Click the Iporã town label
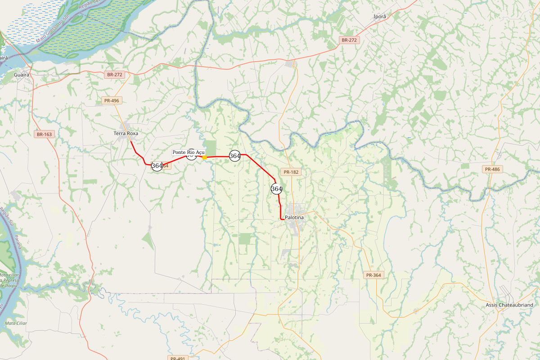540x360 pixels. point(380,17)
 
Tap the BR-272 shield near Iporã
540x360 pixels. point(349,40)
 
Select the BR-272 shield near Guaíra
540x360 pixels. point(115,74)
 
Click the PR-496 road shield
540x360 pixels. point(111,100)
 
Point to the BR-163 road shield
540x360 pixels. point(44,134)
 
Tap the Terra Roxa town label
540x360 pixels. point(126,133)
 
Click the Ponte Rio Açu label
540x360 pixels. point(189,152)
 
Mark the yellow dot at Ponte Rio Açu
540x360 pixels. point(205,157)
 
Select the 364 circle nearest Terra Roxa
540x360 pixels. point(157,166)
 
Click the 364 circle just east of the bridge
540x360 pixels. point(234,156)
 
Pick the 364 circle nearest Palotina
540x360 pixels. point(276,189)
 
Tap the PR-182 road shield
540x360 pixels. point(291,172)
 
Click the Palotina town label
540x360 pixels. point(294,217)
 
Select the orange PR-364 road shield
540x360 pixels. point(374,275)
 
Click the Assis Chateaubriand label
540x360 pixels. point(509,305)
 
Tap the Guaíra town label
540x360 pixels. point(22,74)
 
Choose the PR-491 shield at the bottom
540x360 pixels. point(178,358)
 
